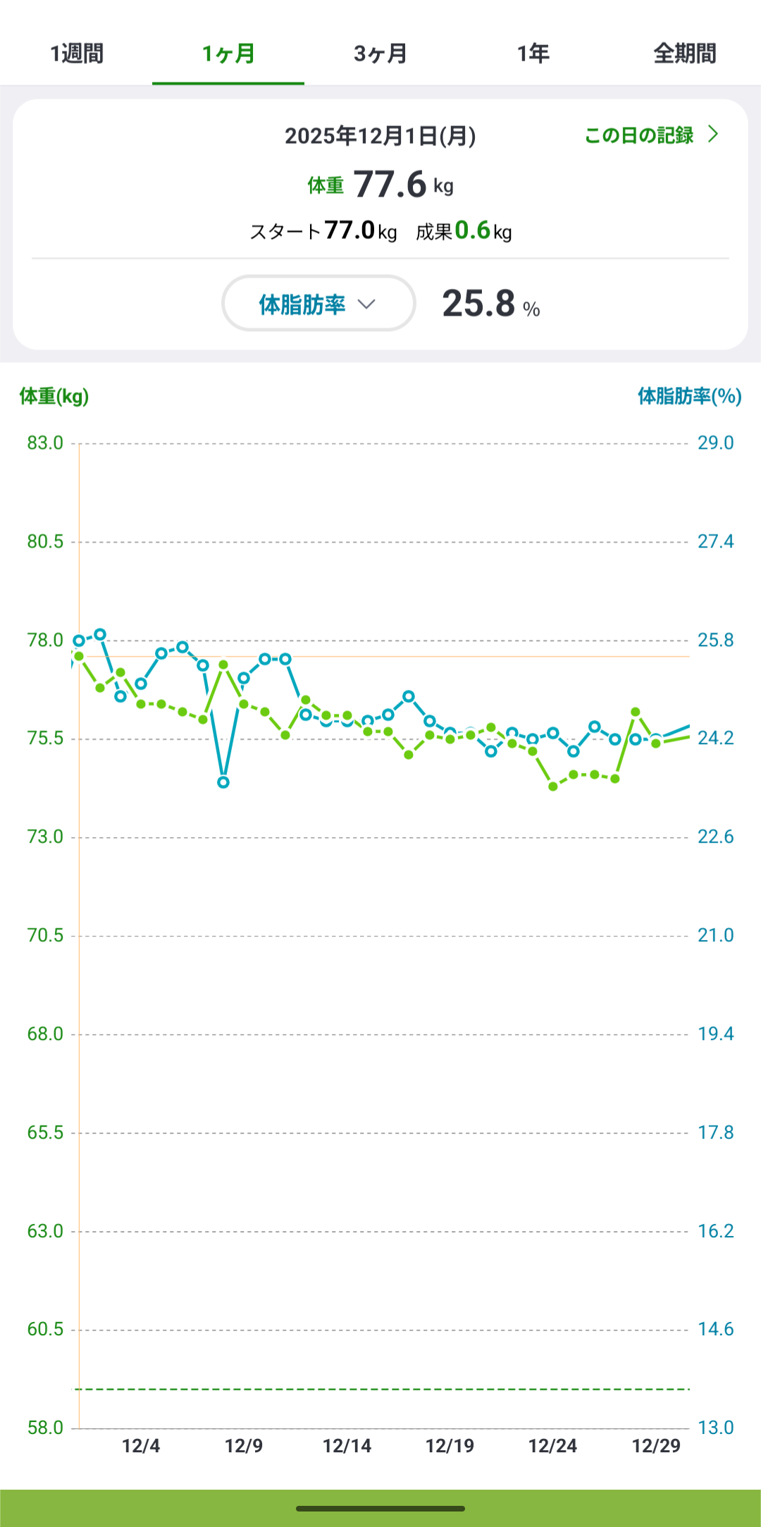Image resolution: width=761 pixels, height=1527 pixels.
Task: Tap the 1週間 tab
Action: click(77, 54)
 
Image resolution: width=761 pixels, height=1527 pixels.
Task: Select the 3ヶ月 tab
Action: click(380, 54)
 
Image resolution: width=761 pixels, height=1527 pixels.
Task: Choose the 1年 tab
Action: click(533, 54)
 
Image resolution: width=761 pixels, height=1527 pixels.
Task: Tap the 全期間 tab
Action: click(684, 54)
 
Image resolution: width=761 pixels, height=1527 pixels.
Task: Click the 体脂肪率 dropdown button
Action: click(318, 304)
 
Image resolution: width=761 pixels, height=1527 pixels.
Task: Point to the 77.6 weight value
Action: click(390, 185)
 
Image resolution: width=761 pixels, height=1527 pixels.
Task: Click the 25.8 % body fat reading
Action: click(490, 304)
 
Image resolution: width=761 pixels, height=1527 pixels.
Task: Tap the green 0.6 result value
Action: click(472, 230)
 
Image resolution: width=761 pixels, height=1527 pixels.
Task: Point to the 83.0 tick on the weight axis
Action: click(45, 443)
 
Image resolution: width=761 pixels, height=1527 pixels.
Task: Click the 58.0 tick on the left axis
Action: click(45, 1428)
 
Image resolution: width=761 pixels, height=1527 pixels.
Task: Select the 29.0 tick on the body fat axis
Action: click(715, 443)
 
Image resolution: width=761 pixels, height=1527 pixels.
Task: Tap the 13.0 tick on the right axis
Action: click(715, 1428)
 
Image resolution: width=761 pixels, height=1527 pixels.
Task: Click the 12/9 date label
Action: click(244, 1446)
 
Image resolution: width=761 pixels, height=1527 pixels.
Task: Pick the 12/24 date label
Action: click(552, 1446)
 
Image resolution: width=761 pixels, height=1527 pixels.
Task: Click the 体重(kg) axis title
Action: click(54, 397)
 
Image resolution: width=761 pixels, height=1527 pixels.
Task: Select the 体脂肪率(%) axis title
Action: click(689, 397)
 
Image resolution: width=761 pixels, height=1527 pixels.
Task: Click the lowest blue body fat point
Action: click(223, 782)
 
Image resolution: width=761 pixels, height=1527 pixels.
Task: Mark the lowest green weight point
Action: click(553, 786)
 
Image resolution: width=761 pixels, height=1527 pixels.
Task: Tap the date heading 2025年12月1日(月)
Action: click(380, 136)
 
